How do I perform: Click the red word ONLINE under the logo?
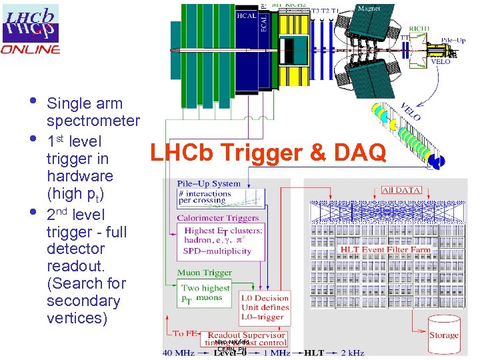click(x=31, y=49)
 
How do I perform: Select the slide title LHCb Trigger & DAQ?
click(x=268, y=153)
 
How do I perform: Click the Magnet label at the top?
click(x=369, y=9)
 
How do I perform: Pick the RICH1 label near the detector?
click(x=420, y=28)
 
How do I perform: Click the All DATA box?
click(x=401, y=190)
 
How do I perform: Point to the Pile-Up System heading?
click(x=209, y=183)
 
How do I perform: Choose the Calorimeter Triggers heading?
click(x=218, y=218)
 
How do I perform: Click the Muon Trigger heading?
click(x=205, y=273)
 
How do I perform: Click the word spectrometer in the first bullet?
click(x=93, y=121)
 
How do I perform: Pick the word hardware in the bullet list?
click(x=80, y=177)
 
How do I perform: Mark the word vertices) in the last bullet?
click(x=77, y=318)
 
